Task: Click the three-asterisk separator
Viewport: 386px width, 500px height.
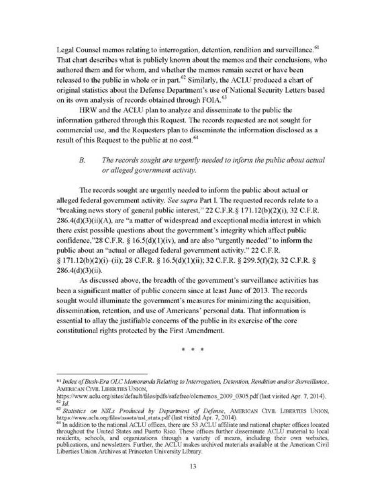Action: pyautogui.click(x=193, y=350)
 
